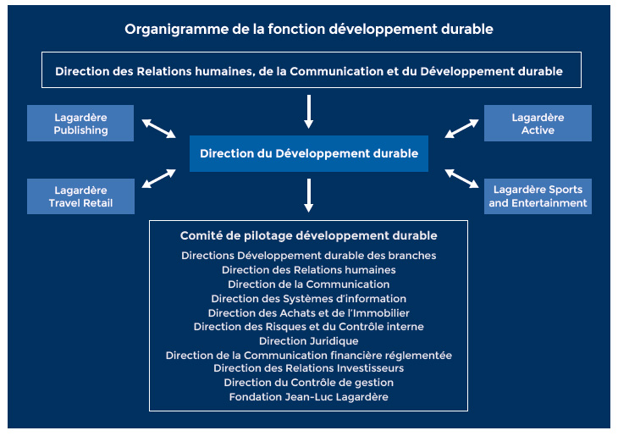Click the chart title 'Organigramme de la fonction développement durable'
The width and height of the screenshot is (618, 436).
click(x=309, y=30)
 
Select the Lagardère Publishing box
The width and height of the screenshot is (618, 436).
click(x=80, y=123)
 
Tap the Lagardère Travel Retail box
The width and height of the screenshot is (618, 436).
click(x=80, y=196)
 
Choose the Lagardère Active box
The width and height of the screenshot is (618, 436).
click(x=538, y=123)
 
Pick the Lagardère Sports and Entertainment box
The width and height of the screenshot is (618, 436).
click(x=538, y=196)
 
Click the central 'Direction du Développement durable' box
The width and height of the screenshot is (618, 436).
click(x=309, y=153)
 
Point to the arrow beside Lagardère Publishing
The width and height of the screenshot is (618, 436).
click(x=159, y=129)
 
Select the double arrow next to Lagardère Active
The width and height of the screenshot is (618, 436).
click(x=461, y=129)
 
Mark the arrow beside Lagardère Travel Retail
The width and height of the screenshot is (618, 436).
click(x=159, y=179)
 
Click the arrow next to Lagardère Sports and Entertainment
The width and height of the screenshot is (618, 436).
click(x=461, y=179)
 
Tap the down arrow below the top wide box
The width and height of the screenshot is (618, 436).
click(x=309, y=112)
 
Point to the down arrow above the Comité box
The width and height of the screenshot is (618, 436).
click(x=309, y=196)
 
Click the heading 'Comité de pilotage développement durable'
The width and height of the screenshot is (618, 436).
click(x=309, y=235)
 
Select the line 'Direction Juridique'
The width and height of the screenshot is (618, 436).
click(x=309, y=341)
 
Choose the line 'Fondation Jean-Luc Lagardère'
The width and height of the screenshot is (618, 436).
click(x=309, y=397)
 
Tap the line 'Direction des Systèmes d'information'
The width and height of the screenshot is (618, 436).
click(x=309, y=299)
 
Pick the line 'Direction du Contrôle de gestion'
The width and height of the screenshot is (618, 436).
click(x=309, y=383)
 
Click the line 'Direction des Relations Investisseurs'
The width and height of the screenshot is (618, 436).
click(x=309, y=368)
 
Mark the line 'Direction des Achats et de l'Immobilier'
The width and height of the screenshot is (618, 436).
click(x=309, y=313)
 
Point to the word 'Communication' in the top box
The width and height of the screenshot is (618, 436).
click(x=337, y=71)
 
